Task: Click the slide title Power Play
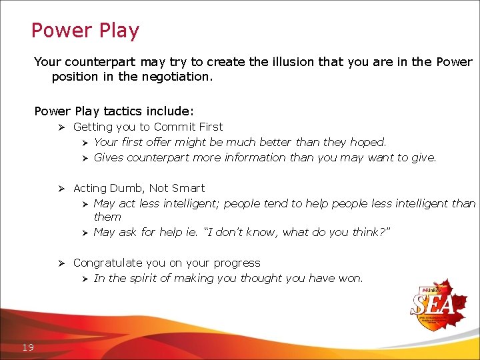pyautogui.click(x=85, y=31)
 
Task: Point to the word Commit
pyautogui.click(x=173, y=127)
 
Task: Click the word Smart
pyautogui.click(x=188, y=189)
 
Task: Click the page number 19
pyautogui.click(x=28, y=347)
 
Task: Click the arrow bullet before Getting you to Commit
pyautogui.click(x=60, y=127)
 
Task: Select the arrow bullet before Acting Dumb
pyautogui.click(x=60, y=189)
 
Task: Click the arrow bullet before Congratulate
pyautogui.click(x=60, y=263)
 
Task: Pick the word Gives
pyautogui.click(x=109, y=158)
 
